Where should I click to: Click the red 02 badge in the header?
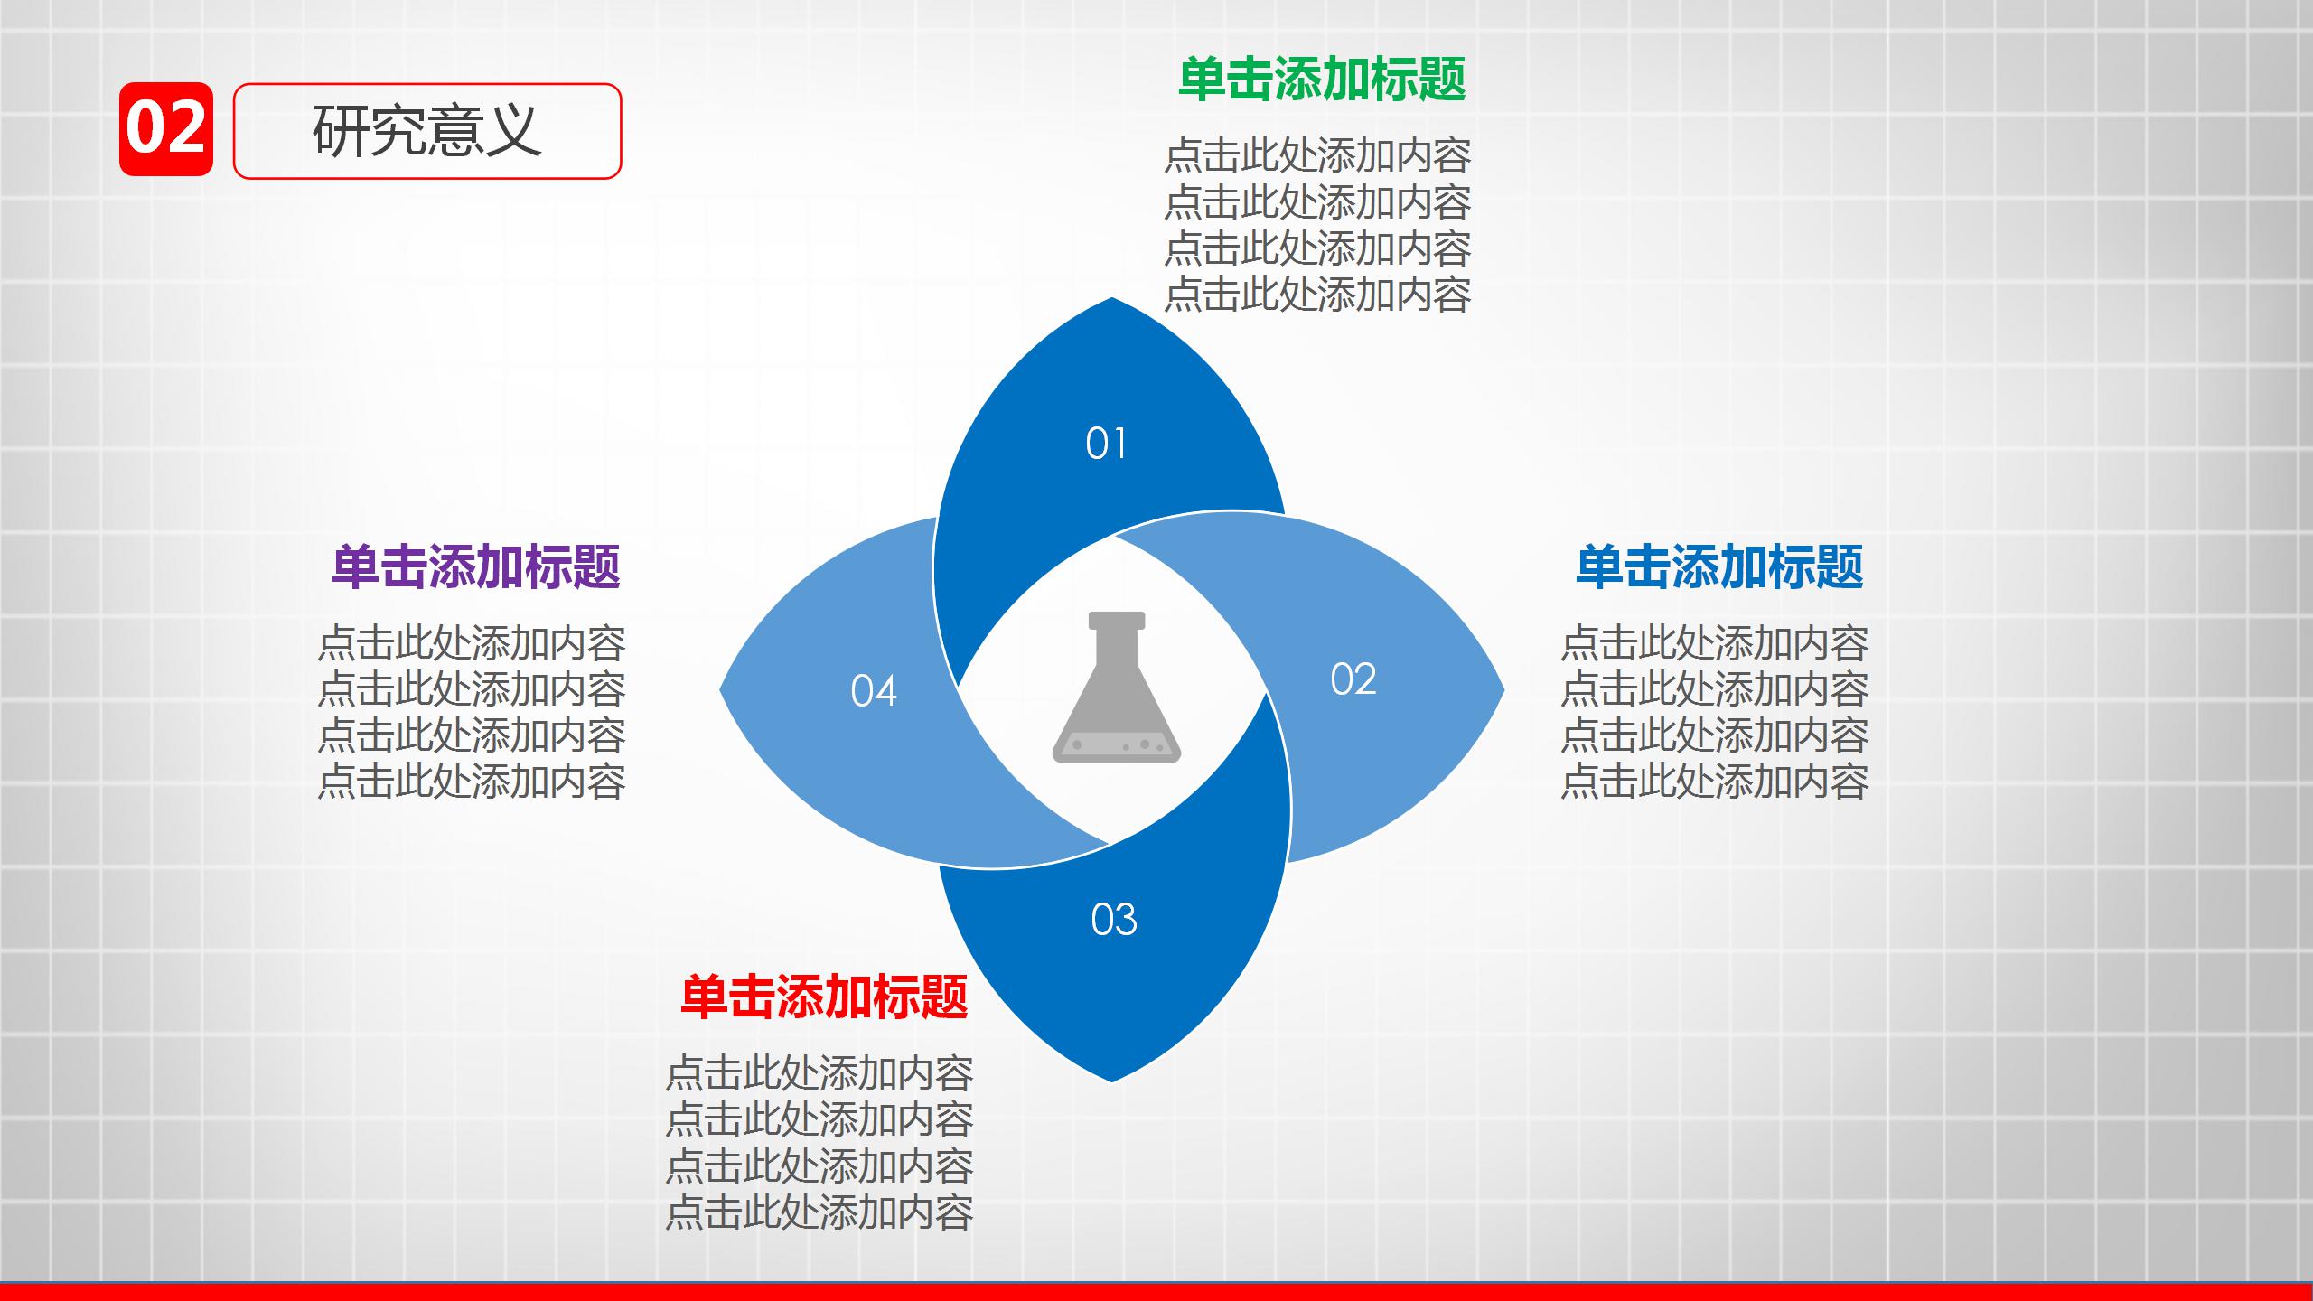(x=166, y=129)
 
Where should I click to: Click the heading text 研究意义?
(x=426, y=131)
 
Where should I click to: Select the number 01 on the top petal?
(x=1106, y=444)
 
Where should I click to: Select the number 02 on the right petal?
(x=1353, y=679)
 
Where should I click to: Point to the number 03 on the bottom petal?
(x=1113, y=920)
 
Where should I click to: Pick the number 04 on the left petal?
(x=873, y=691)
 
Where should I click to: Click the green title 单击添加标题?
(x=1322, y=80)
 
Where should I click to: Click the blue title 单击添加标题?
(x=1718, y=567)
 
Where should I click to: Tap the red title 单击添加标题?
(x=823, y=997)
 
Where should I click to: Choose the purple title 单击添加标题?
(x=475, y=567)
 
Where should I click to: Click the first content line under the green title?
(x=1317, y=156)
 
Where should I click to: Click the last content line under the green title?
(x=1317, y=295)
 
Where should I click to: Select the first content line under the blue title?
(x=1714, y=643)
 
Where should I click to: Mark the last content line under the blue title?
(x=1714, y=782)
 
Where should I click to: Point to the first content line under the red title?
(x=819, y=1073)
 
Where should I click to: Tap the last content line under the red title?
(x=819, y=1212)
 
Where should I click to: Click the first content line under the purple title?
(x=471, y=643)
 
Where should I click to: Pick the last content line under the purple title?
(x=471, y=782)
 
